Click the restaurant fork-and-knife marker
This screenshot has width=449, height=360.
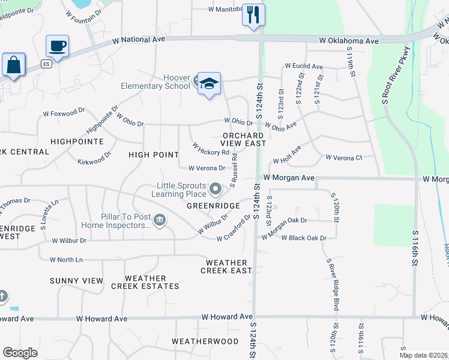pyautogui.click(x=253, y=14)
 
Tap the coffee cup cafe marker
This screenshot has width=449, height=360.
pyautogui.click(x=58, y=46)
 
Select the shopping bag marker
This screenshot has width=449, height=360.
pyautogui.click(x=13, y=65)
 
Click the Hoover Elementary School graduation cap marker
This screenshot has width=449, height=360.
pyautogui.click(x=209, y=84)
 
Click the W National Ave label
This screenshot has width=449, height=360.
pyautogui.click(x=139, y=39)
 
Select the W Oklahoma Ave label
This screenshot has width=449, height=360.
pyautogui.click(x=349, y=41)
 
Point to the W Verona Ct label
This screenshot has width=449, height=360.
pyautogui.click(x=343, y=157)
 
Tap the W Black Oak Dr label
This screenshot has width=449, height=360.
pyautogui.click(x=304, y=238)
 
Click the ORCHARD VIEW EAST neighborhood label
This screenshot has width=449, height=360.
pyautogui.click(x=244, y=139)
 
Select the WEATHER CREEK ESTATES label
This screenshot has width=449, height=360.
pyautogui.click(x=145, y=282)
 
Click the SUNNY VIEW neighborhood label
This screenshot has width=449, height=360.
pyautogui.click(x=77, y=281)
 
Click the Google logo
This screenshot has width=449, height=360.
pyautogui.click(x=20, y=353)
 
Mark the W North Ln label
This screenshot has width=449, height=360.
pyautogui.click(x=66, y=259)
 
